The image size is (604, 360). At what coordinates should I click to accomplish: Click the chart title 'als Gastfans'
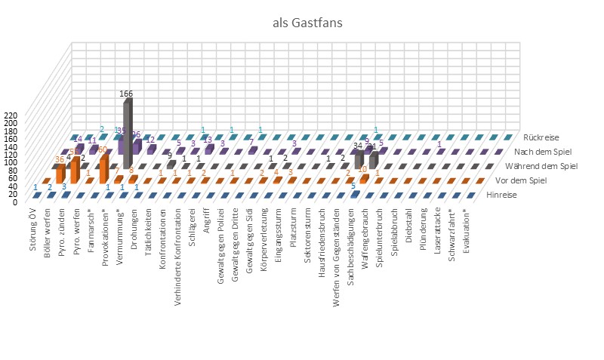pos(307,23)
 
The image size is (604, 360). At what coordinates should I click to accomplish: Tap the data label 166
pos(127,94)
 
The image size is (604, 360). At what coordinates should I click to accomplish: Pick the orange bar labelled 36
pos(60,177)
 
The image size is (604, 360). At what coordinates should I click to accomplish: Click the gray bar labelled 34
pos(359,160)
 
